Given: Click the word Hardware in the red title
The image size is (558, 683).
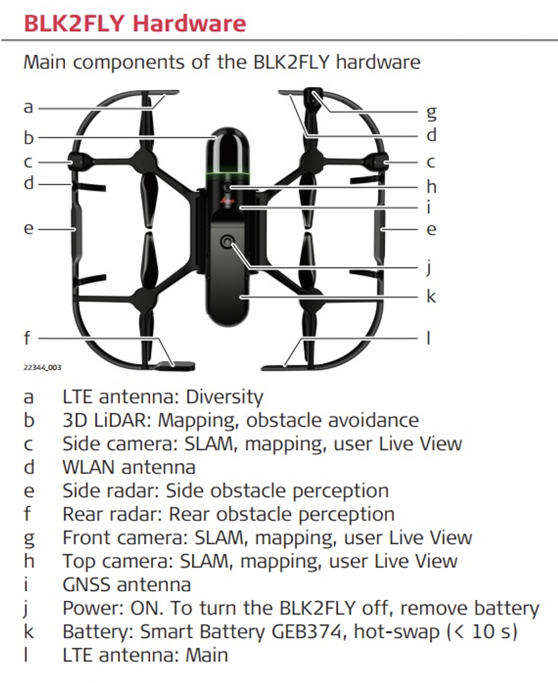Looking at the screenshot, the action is point(189,23).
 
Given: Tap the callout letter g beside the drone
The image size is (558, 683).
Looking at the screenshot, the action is point(431,113).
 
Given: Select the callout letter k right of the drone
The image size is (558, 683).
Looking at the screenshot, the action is point(431,296).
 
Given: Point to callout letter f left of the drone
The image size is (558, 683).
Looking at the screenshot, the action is point(27,337).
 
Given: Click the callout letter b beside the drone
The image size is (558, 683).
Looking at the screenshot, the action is point(29,138).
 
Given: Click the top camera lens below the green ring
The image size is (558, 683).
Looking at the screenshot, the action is point(227,187).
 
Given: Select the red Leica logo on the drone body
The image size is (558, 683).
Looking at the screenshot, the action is point(227,201).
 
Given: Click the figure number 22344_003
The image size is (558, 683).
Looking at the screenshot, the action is point(42,368).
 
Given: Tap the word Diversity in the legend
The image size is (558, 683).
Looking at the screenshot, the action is point(225,397).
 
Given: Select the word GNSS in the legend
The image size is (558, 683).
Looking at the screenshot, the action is point(90,584).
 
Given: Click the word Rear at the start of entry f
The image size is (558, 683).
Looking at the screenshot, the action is point(81,514).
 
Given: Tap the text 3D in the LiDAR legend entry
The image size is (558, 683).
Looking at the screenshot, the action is point(73,421).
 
